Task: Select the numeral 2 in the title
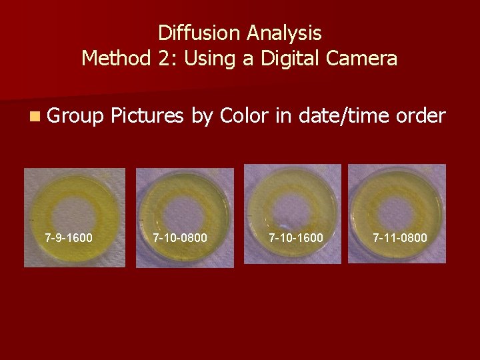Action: point(167,59)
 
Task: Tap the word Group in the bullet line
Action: point(75,117)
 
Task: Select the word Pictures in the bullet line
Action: point(147,116)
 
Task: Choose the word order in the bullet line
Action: point(420,116)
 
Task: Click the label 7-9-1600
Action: point(69,237)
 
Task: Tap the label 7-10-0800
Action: point(180,237)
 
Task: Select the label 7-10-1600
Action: point(295,237)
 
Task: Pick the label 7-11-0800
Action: point(400,237)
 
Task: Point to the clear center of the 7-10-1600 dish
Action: point(292,205)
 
